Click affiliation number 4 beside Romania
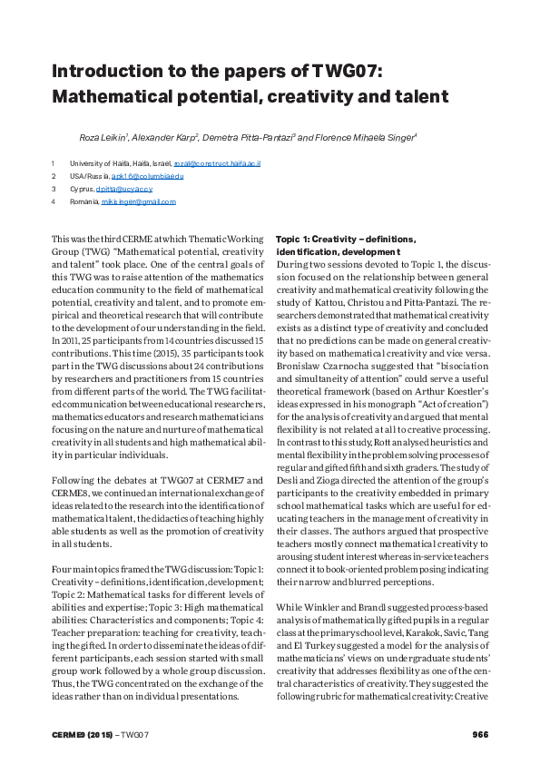54,201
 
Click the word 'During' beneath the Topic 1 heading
291,262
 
